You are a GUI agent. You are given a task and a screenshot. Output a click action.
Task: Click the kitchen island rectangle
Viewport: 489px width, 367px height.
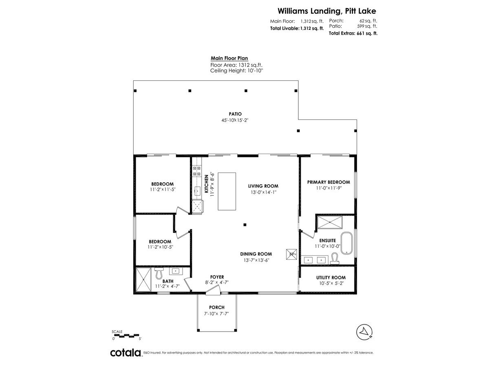tap(227, 191)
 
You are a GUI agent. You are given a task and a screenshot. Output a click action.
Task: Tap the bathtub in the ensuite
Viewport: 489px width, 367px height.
tap(347, 243)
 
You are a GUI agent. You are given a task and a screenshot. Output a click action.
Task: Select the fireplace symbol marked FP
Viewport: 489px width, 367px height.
tap(291, 254)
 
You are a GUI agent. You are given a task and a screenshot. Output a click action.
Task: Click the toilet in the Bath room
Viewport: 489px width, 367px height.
tap(159, 273)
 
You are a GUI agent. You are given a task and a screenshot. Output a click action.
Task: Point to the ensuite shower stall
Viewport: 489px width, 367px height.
tap(330, 222)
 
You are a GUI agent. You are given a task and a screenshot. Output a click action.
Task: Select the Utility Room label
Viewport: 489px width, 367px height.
tap(331, 278)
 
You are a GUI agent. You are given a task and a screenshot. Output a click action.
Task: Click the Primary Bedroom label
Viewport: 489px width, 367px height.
tap(328, 182)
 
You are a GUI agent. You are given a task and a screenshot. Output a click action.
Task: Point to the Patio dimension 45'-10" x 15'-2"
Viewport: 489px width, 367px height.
tap(235, 120)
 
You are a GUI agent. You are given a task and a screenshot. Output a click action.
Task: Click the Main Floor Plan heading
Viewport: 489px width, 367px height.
tap(229, 58)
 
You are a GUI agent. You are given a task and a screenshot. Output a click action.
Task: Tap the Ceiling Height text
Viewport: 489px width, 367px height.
tap(237, 71)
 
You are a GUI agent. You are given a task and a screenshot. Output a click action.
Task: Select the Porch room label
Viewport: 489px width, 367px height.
tap(217, 307)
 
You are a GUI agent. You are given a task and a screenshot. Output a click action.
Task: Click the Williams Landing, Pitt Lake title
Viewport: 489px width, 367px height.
tap(327, 11)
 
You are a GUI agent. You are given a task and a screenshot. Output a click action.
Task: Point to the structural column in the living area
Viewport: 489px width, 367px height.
tap(245, 225)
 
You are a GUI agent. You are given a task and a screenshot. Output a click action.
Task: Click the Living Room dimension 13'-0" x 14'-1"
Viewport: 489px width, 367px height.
tap(264, 192)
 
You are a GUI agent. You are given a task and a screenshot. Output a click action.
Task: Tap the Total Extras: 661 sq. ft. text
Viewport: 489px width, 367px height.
tap(353, 33)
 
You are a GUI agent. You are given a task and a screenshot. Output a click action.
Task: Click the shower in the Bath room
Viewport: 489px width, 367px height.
tap(143, 280)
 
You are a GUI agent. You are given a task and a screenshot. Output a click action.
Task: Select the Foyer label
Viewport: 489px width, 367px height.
tap(217, 277)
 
